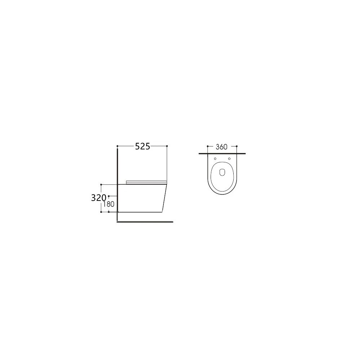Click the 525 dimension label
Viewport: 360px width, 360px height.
click(142, 146)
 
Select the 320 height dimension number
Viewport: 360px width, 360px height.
click(99, 198)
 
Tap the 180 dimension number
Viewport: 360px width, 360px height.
click(109, 204)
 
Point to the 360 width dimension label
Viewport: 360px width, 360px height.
click(221, 147)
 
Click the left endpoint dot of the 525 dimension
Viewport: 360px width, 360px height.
click(117, 146)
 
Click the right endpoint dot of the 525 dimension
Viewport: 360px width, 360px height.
click(167, 146)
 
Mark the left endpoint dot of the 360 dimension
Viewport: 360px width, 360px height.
click(208, 146)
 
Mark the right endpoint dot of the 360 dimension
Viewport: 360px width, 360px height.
click(237, 146)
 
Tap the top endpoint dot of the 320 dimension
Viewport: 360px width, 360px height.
click(101, 184)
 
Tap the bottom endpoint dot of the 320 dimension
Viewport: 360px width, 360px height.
click(101, 212)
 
